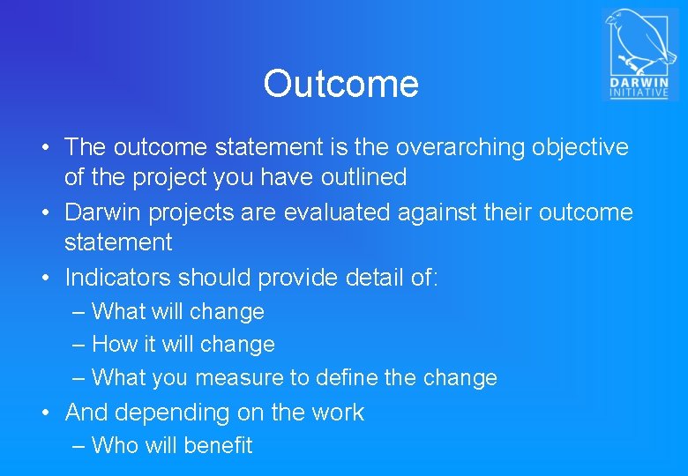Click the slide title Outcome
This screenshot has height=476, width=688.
click(340, 85)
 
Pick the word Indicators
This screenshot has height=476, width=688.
click(118, 278)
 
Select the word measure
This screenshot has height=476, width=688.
click(236, 378)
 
